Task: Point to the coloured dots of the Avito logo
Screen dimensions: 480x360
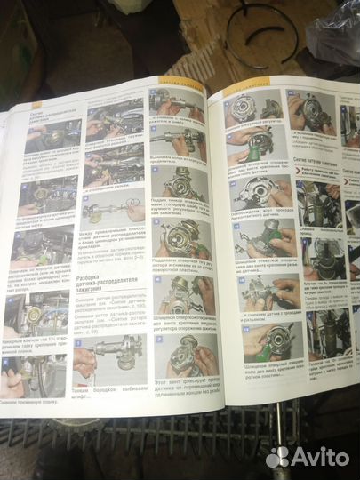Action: pyautogui.click(x=278, y=456)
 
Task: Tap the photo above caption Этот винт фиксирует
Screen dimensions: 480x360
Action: pyautogui.click(x=181, y=355)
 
